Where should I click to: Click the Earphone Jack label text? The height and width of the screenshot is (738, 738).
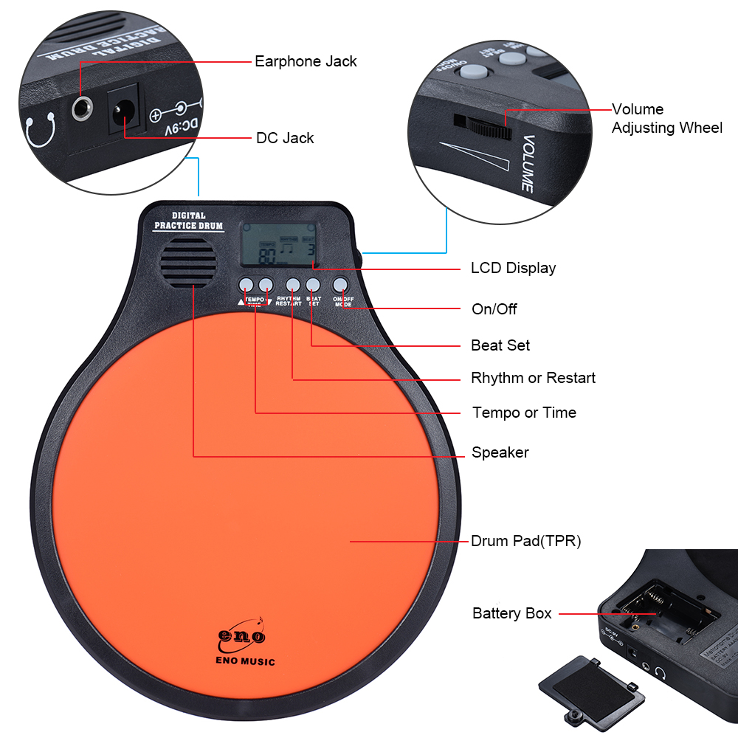pyautogui.click(x=306, y=61)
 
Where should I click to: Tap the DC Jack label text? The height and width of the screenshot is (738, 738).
pyautogui.click(x=285, y=138)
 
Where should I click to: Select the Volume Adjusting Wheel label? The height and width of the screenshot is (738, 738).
pyautogui.click(x=666, y=119)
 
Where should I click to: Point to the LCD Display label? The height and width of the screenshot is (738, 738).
pyautogui.click(x=513, y=268)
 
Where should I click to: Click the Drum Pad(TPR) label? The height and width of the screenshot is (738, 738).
pyautogui.click(x=526, y=541)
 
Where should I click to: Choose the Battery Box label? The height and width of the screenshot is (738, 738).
pyautogui.click(x=511, y=613)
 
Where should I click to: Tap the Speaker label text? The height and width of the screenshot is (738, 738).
pyautogui.click(x=500, y=452)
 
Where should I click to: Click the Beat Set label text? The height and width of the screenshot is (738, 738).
pyautogui.click(x=500, y=345)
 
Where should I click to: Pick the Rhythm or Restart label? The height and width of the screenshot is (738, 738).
pyautogui.click(x=533, y=378)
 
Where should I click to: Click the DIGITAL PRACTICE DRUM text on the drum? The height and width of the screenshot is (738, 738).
pyautogui.click(x=188, y=221)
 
